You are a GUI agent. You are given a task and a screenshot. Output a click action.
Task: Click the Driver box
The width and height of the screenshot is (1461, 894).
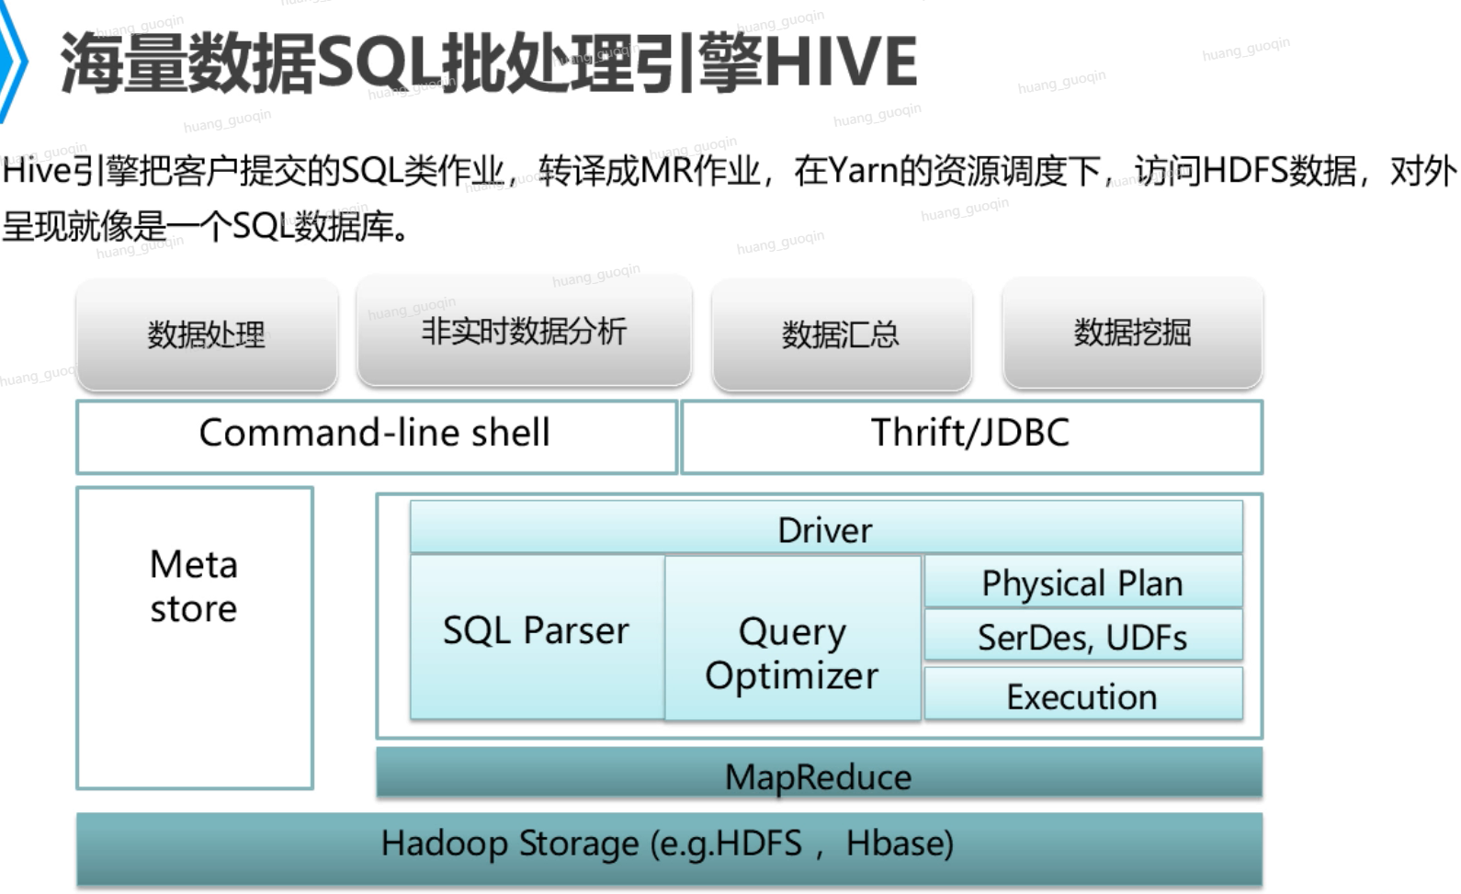[x=826, y=526]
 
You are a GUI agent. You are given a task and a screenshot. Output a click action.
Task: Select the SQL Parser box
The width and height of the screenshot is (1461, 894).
[x=537, y=637]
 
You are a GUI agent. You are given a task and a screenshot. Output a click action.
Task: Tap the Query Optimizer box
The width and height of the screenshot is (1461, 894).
[x=792, y=638]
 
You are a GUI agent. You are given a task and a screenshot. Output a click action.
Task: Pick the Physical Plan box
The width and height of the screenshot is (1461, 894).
[x=1083, y=582]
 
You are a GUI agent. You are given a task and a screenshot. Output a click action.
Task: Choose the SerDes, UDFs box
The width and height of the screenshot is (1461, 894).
[x=1083, y=635]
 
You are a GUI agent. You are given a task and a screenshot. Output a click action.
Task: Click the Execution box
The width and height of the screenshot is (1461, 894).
[x=1083, y=693]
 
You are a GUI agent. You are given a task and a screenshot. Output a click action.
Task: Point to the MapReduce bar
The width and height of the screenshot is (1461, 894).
[x=820, y=773]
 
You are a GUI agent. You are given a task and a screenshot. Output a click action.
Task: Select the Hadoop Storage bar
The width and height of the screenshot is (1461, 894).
[x=669, y=849]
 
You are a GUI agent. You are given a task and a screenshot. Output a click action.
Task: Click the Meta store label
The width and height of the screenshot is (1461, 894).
[x=194, y=586]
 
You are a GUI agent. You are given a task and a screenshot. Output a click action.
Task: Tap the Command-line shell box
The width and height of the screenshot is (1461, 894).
[x=377, y=436]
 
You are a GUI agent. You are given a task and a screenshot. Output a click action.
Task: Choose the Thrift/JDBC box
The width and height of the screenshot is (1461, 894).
[x=972, y=436]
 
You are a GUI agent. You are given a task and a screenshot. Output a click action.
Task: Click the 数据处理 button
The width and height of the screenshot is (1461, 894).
[x=207, y=334]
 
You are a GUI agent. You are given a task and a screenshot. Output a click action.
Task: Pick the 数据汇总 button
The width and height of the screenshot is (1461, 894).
[x=842, y=334]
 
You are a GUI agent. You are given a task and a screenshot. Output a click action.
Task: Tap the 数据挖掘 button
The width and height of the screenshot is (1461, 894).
[x=1133, y=332]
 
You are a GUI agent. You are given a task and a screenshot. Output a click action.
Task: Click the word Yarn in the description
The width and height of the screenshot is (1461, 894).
[x=861, y=171]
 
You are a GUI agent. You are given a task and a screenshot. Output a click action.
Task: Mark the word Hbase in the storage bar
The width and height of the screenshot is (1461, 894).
[x=900, y=843]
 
